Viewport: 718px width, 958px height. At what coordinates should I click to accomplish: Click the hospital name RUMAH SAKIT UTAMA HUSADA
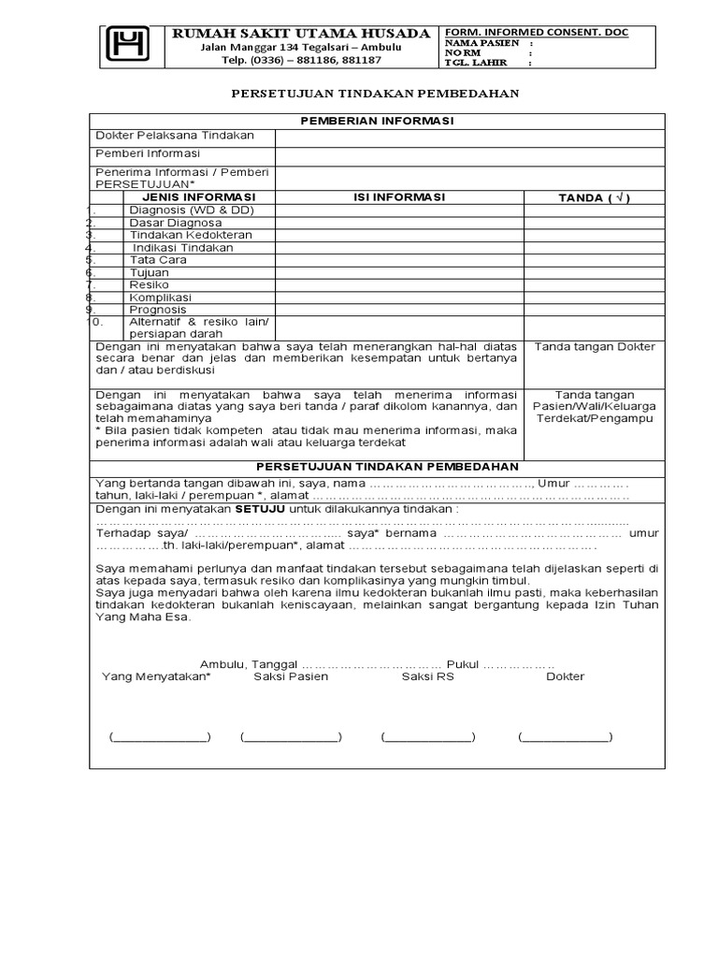point(302,34)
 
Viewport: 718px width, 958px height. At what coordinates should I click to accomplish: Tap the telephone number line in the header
point(301,60)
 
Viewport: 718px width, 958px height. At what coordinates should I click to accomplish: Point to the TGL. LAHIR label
point(474,64)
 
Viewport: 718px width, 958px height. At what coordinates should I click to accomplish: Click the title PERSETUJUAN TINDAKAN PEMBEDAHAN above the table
point(375,94)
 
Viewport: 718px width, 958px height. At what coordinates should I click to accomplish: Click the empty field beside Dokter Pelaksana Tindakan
point(469,137)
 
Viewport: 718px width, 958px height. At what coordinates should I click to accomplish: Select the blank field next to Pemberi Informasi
point(469,154)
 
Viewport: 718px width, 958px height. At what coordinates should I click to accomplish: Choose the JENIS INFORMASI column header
point(198,197)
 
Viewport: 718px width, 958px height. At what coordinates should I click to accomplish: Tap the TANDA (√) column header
point(594,197)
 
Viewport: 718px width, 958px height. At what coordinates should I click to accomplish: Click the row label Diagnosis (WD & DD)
point(192,210)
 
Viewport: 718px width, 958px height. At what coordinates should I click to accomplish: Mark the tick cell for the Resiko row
point(594,284)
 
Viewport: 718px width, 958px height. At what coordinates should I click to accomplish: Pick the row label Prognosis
point(158,310)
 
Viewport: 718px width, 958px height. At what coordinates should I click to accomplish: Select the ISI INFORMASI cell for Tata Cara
point(399,260)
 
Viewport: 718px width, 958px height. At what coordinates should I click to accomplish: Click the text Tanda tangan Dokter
point(595,347)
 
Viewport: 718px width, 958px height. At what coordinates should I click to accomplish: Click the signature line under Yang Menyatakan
point(160,736)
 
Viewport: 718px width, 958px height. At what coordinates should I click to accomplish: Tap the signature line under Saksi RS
point(427,736)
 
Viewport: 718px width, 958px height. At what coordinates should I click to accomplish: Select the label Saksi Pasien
point(291,676)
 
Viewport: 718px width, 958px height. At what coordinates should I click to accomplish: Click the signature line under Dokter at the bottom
point(566,736)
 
